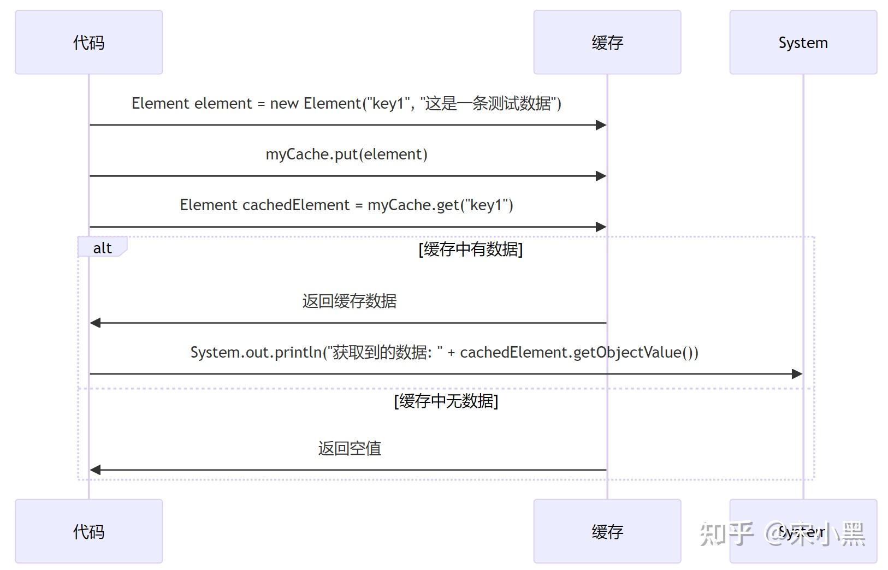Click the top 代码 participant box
[x=88, y=42]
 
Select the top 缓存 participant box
[x=607, y=42]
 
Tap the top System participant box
[x=803, y=42]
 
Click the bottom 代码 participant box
[x=88, y=531]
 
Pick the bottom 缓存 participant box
[x=607, y=531]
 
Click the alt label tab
[x=102, y=248]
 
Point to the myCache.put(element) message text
[x=346, y=155]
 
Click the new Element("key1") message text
[x=346, y=103]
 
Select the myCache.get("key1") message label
[x=346, y=205]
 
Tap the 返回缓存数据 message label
[x=349, y=301]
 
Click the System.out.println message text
[x=443, y=352]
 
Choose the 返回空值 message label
[x=349, y=448]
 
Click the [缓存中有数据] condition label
[x=470, y=250]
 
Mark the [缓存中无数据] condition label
[x=446, y=401]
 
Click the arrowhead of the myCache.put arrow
[x=601, y=176]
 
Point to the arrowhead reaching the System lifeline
[x=797, y=374]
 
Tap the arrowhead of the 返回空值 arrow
[x=95, y=470]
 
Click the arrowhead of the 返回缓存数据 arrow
[x=95, y=323]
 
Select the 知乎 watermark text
[x=726, y=533]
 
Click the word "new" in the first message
[x=284, y=104]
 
